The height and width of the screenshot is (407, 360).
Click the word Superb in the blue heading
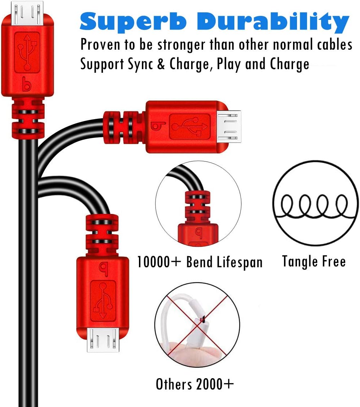(x=133, y=21)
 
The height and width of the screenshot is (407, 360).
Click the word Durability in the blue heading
(x=273, y=21)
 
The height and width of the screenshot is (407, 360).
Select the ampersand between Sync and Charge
(x=161, y=64)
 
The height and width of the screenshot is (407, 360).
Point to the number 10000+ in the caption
(x=158, y=261)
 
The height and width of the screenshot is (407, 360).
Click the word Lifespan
(x=239, y=262)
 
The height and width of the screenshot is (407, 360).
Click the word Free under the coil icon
(x=334, y=261)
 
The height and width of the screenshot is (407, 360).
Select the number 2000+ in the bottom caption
(x=215, y=384)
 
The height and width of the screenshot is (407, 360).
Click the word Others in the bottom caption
(x=174, y=384)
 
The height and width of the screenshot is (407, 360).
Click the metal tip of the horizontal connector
(x=229, y=126)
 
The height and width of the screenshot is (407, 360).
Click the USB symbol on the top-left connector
(x=27, y=52)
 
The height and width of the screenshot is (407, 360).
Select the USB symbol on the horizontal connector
(x=190, y=127)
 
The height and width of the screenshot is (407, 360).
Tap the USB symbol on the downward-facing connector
(x=103, y=301)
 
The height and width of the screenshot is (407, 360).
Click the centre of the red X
(x=197, y=325)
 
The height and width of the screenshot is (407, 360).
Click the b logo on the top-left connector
(x=27, y=84)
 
